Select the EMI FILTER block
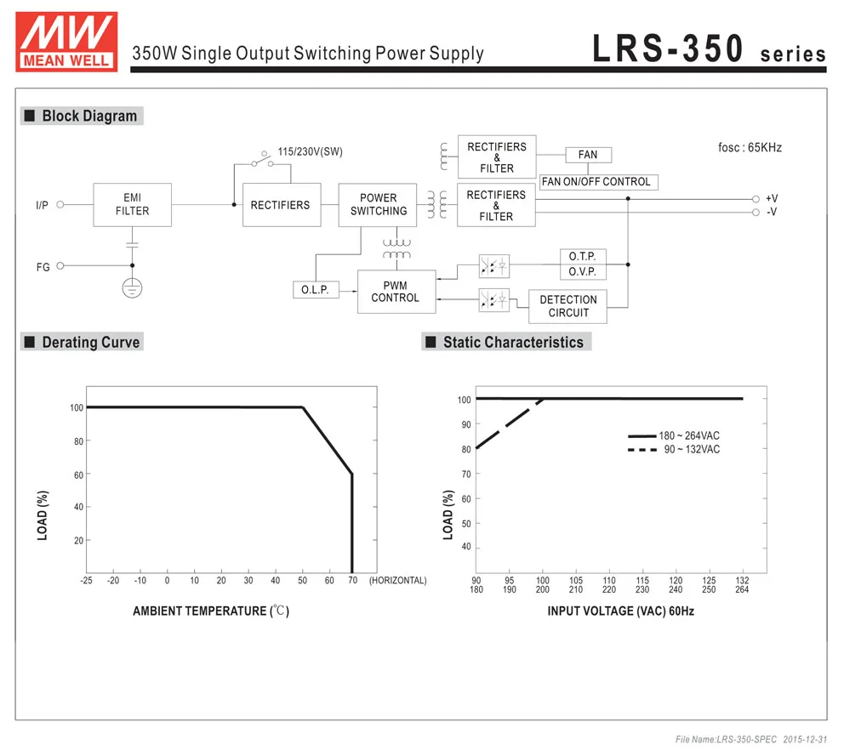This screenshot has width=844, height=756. point(132,204)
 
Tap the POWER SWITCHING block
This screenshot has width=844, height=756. point(378,204)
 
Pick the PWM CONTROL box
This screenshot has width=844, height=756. point(395,292)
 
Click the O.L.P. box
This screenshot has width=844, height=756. point(315,290)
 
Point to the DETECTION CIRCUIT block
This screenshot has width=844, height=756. point(568,306)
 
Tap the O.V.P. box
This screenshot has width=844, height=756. point(583,272)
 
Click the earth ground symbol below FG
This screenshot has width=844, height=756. point(132,288)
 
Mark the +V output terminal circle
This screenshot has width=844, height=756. point(756,198)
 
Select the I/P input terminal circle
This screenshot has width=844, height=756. point(60,204)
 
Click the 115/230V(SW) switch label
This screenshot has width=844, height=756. point(310,151)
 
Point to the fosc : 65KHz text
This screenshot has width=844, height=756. point(750,147)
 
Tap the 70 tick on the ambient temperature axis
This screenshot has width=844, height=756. point(352,581)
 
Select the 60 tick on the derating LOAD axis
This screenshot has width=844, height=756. point(77,475)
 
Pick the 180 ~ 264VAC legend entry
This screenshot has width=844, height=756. point(674,435)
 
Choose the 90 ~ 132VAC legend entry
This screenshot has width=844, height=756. point(674,449)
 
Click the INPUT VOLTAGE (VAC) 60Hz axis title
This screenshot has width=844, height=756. point(620,611)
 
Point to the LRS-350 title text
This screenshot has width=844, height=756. point(669,49)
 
